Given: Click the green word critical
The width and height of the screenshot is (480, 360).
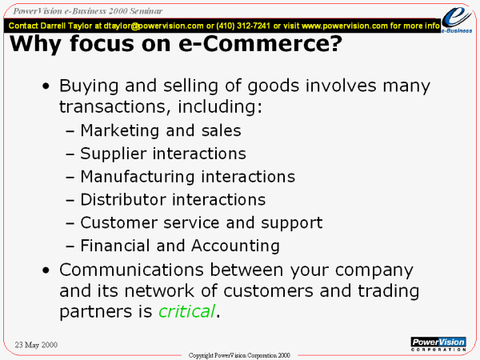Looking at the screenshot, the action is pyautogui.click(x=186, y=311).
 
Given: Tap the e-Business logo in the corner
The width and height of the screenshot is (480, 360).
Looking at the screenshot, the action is pyautogui.click(x=457, y=19).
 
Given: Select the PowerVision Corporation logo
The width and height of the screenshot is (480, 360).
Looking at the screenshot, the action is pyautogui.click(x=438, y=344).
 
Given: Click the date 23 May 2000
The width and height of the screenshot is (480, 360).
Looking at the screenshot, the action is pyautogui.click(x=36, y=345).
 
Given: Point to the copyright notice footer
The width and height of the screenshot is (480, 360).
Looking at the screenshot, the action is pyautogui.click(x=239, y=355).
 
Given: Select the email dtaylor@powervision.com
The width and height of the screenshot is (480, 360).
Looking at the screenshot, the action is pyautogui.click(x=154, y=26).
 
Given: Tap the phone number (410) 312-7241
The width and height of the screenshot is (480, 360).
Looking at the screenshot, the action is pyautogui.click(x=243, y=26).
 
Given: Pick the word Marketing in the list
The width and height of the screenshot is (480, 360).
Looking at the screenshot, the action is pyautogui.click(x=120, y=131).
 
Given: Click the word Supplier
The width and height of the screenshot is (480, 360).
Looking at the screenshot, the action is pyautogui.click(x=114, y=154).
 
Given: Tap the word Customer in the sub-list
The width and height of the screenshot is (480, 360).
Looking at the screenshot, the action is pyautogui.click(x=118, y=222).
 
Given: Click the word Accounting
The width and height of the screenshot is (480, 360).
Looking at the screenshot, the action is pyautogui.click(x=235, y=246).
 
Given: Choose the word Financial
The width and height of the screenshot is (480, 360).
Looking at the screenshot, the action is pyautogui.click(x=115, y=246).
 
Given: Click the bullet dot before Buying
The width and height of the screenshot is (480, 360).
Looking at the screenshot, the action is pyautogui.click(x=46, y=86).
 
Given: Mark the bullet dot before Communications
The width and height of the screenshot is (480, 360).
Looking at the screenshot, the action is pyautogui.click(x=46, y=271).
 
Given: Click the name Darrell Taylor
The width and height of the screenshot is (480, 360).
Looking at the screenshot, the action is pyautogui.click(x=66, y=26).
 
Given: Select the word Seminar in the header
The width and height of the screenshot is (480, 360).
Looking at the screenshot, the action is pyautogui.click(x=146, y=11).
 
